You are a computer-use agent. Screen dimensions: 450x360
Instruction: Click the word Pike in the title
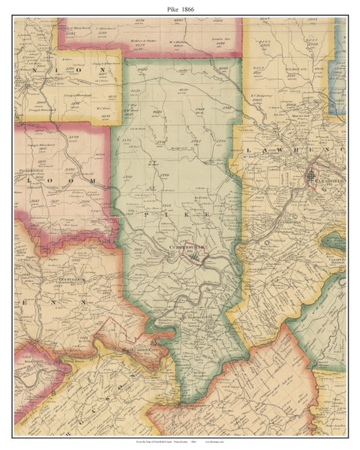pos(169,6)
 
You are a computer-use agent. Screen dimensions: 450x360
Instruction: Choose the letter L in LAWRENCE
pos(248,151)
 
